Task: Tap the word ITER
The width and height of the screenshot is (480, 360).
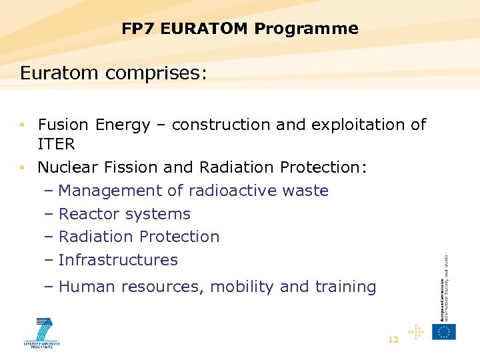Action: click(56, 144)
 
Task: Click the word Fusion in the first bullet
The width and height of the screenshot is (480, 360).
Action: click(64, 125)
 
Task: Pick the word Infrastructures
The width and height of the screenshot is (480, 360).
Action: click(118, 260)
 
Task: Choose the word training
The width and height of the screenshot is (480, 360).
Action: click(345, 287)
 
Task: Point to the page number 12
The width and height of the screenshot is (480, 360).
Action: click(393, 340)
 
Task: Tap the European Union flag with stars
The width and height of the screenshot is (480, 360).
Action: click(443, 331)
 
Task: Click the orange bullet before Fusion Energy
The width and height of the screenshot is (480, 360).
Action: click(23, 125)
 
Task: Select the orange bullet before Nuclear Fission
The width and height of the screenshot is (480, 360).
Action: click(23, 167)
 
